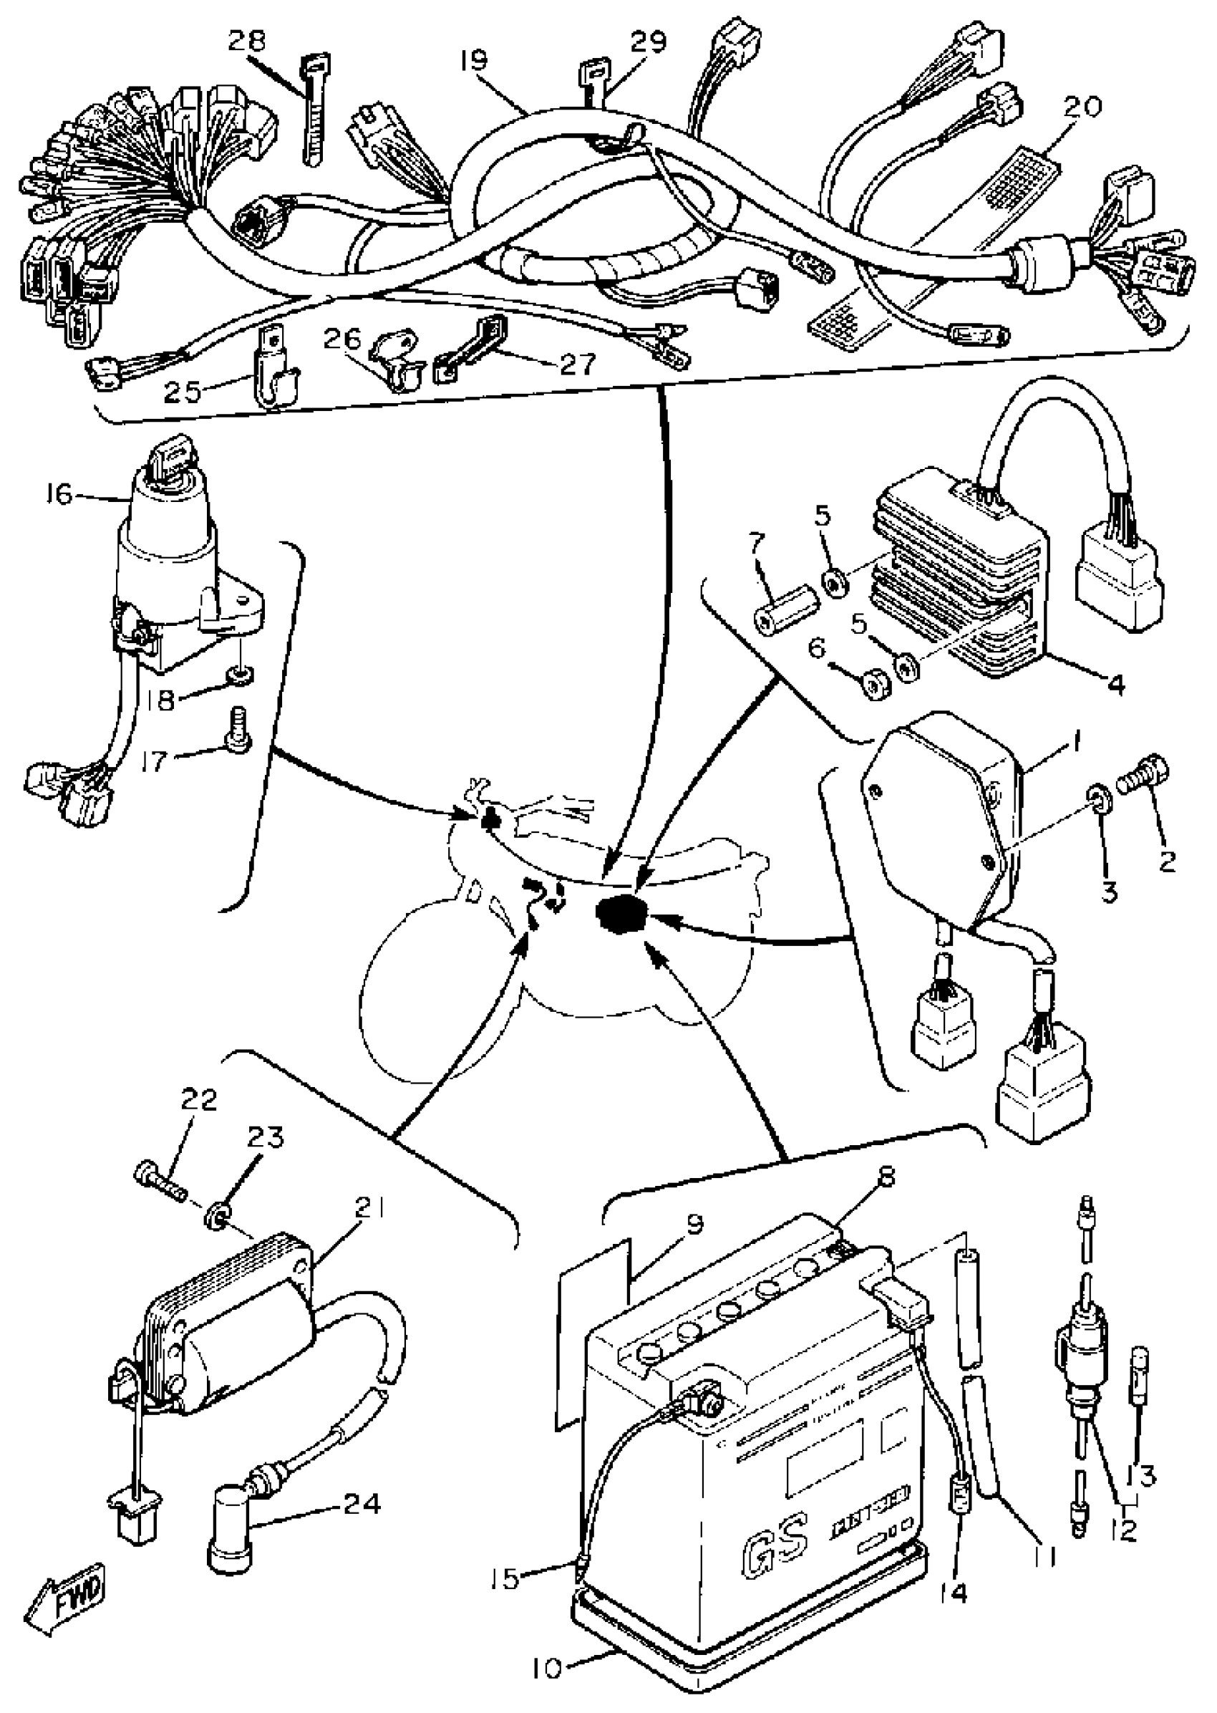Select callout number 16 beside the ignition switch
[x=60, y=496]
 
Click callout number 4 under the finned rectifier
[x=1116, y=683]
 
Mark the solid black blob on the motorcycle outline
[x=619, y=915]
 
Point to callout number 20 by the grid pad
[x=1082, y=107]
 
